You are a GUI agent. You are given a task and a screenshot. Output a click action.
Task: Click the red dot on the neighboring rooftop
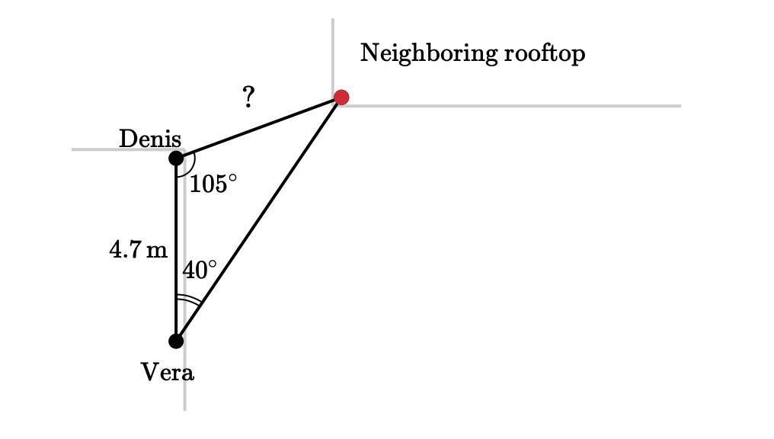pyautogui.click(x=341, y=98)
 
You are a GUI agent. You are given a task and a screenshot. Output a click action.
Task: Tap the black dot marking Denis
pyautogui.click(x=176, y=159)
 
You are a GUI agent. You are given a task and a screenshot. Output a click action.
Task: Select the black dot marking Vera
pyautogui.click(x=176, y=341)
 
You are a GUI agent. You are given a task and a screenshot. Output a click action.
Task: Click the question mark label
pyautogui.click(x=248, y=97)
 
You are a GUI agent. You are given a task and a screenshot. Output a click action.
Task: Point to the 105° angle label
pyautogui.click(x=213, y=184)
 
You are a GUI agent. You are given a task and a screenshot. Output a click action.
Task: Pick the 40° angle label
pyautogui.click(x=200, y=270)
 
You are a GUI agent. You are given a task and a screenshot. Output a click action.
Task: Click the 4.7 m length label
pyautogui.click(x=138, y=250)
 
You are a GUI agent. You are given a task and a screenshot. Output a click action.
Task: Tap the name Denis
pyautogui.click(x=150, y=139)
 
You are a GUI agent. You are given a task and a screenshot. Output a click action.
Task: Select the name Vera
pyautogui.click(x=168, y=372)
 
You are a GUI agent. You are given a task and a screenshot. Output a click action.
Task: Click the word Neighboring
pyautogui.click(x=428, y=53)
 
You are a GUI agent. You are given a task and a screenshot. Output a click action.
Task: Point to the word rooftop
pyautogui.click(x=545, y=53)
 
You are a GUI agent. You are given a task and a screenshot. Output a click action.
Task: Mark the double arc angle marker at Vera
pyautogui.click(x=189, y=300)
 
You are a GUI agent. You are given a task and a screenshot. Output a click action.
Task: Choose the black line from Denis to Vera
pyautogui.click(x=176, y=249)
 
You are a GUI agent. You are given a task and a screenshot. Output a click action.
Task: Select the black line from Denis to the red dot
pyautogui.click(x=258, y=128)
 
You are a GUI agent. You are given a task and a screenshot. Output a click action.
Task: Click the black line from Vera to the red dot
pyautogui.click(x=258, y=219)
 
